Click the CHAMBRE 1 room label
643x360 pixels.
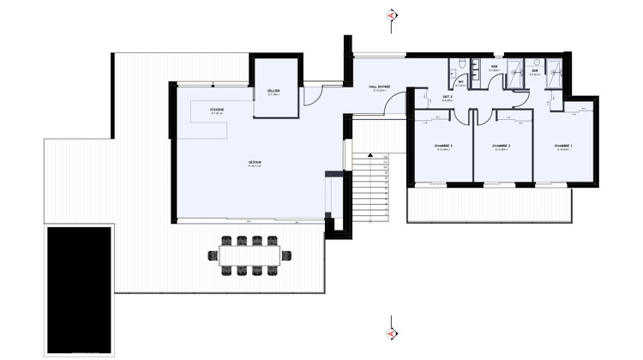pos(563,145)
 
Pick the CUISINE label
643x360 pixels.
pos(217,111)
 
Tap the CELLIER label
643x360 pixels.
pos(273,92)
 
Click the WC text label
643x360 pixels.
pos(460,82)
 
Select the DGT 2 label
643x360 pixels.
pos(448,98)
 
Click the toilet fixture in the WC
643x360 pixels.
pos(462,66)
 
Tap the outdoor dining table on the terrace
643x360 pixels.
pos(249,255)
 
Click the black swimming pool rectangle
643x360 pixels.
pos(79,290)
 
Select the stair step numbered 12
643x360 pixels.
pos(387,158)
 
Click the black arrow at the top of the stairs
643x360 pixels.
pos(369,155)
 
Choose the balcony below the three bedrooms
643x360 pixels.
pos(489,205)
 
